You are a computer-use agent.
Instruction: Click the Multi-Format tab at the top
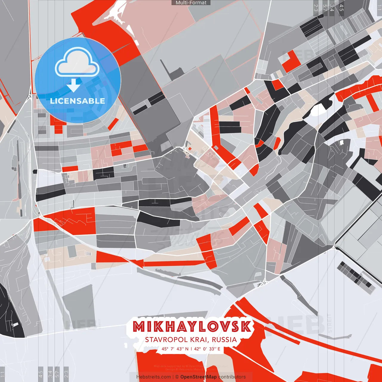coord(191,3)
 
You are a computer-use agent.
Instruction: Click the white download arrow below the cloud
coord(73,85)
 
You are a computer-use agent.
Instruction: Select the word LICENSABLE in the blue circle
coord(78,101)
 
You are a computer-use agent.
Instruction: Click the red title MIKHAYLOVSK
coord(192,327)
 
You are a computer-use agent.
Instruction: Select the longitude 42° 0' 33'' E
coord(207,349)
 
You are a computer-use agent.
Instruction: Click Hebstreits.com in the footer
coord(153,377)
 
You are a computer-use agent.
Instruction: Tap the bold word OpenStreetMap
coord(198,377)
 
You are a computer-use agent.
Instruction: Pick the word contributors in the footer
coord(232,377)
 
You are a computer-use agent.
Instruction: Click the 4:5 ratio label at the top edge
coord(341,8)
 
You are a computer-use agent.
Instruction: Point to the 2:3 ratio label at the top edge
coord(316,8)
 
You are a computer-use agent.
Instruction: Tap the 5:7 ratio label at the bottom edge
coord(57,373)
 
